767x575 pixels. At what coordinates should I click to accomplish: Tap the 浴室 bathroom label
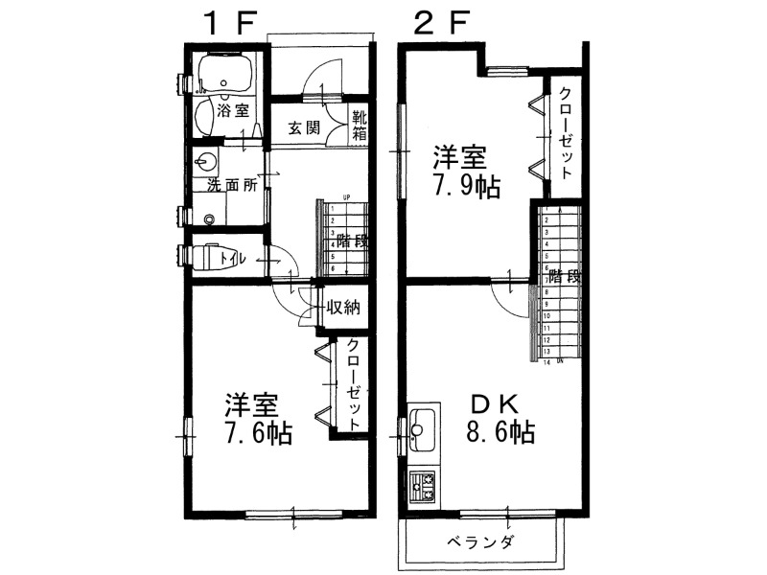click(x=234, y=110)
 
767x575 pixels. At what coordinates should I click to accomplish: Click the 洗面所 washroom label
click(x=232, y=185)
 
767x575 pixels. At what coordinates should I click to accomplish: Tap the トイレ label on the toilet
click(x=231, y=258)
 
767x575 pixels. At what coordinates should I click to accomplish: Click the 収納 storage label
click(x=343, y=308)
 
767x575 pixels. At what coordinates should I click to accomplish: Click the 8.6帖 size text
click(x=500, y=431)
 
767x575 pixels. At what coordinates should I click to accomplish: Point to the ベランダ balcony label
click(x=480, y=543)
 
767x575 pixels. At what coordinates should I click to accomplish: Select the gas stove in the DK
click(x=423, y=487)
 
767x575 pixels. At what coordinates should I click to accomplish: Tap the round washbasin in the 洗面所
click(x=205, y=160)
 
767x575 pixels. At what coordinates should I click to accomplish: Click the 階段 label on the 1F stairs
click(x=349, y=241)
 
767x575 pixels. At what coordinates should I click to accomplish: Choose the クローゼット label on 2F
click(x=566, y=132)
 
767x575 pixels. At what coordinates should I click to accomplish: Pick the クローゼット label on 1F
click(x=354, y=384)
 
